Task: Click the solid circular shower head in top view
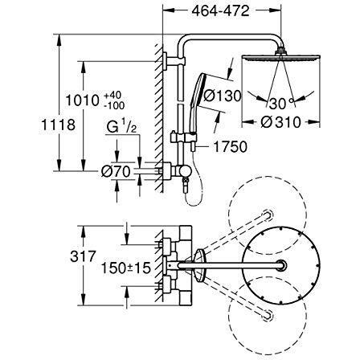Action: point(275,266)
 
